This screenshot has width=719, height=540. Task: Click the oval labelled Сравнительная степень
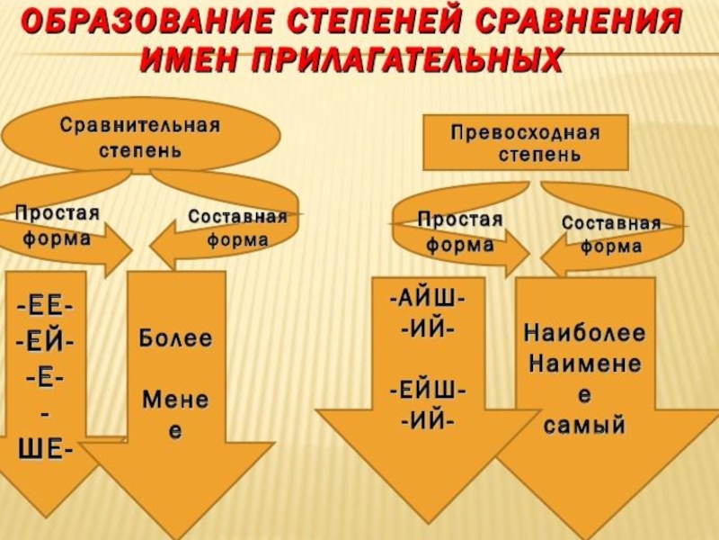pyautogui.click(x=139, y=136)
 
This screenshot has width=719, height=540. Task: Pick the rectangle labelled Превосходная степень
pyautogui.click(x=525, y=143)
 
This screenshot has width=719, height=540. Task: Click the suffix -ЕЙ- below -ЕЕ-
pyautogui.click(x=45, y=343)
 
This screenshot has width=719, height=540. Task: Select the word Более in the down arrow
pyautogui.click(x=175, y=339)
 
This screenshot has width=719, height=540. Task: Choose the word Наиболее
pyautogui.click(x=584, y=334)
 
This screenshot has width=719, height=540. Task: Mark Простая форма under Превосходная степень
pyautogui.click(x=459, y=231)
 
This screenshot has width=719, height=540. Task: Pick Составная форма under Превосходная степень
pyautogui.click(x=611, y=234)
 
